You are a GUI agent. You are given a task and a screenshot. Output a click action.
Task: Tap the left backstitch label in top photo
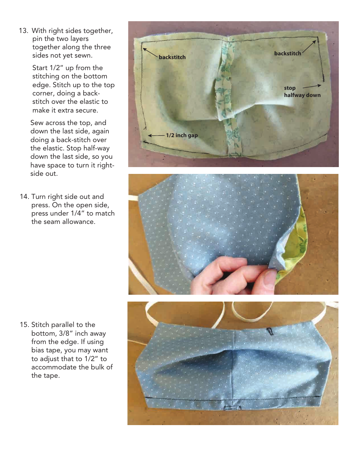172,57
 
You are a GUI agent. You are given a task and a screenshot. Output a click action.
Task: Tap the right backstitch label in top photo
288,53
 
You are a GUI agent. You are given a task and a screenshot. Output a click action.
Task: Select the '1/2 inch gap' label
182,135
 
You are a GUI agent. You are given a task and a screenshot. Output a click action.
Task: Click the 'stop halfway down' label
302,92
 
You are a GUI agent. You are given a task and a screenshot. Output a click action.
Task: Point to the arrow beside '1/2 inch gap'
156,135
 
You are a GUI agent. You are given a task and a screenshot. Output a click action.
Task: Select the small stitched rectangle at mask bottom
230,408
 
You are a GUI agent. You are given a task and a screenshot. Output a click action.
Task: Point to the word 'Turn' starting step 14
39,197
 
